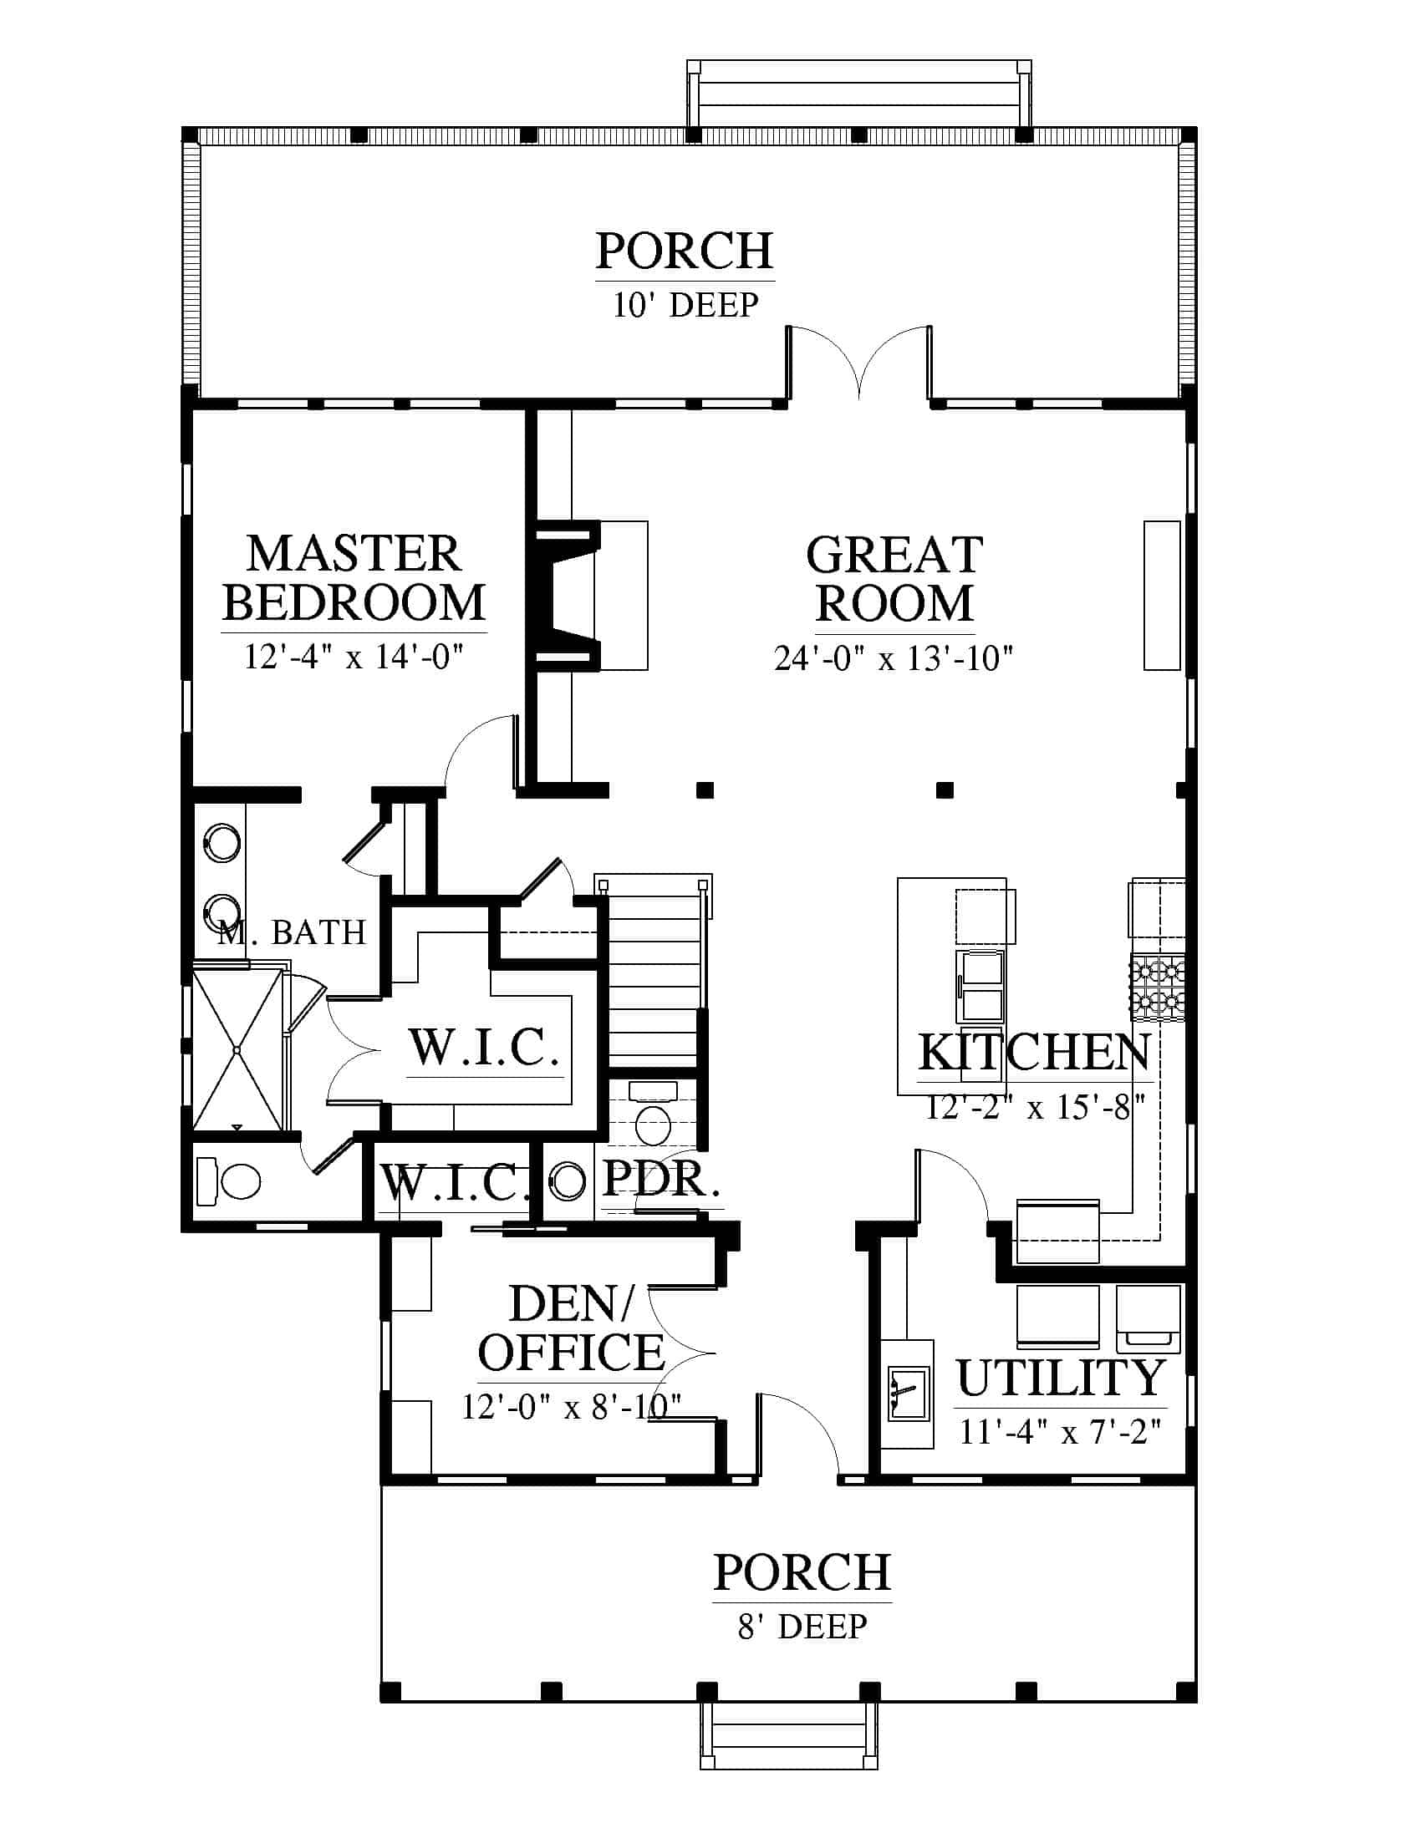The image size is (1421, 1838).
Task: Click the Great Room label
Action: (x=894, y=578)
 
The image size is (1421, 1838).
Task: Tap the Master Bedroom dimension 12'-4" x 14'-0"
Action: (x=354, y=656)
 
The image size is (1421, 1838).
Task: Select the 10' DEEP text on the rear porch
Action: (x=685, y=305)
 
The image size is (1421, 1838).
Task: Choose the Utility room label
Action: (x=1061, y=1378)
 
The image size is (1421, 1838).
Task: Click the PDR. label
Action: (x=662, y=1179)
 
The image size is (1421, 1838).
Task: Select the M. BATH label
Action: (x=291, y=932)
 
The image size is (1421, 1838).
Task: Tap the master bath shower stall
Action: (x=237, y=1049)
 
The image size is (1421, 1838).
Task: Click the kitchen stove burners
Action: (x=1157, y=988)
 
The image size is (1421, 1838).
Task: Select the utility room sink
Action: (x=909, y=1392)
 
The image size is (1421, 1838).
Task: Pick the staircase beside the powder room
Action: (x=654, y=972)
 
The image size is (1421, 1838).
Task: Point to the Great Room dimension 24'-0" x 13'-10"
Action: (x=894, y=658)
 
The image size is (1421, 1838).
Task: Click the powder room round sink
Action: (x=568, y=1180)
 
